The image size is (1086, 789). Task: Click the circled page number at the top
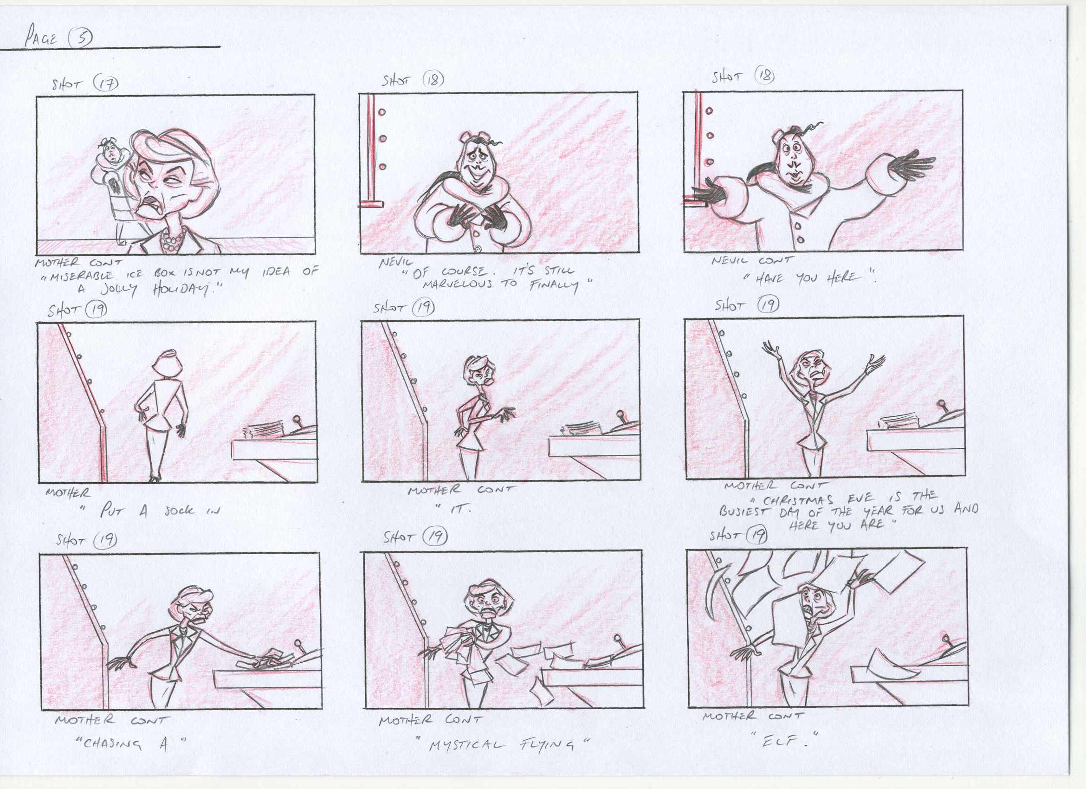click(x=79, y=38)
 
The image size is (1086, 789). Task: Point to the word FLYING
click(x=545, y=745)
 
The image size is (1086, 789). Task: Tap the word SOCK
click(x=179, y=511)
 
